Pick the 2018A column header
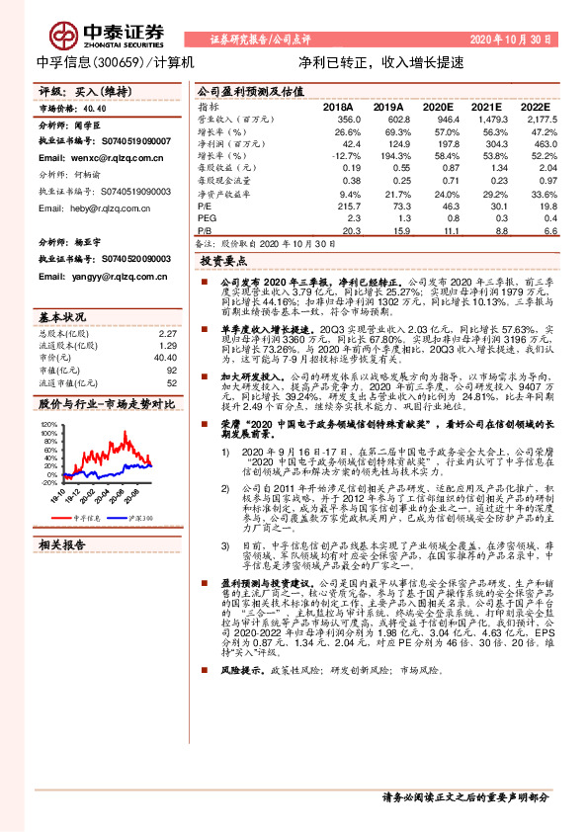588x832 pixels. pos(339,106)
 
